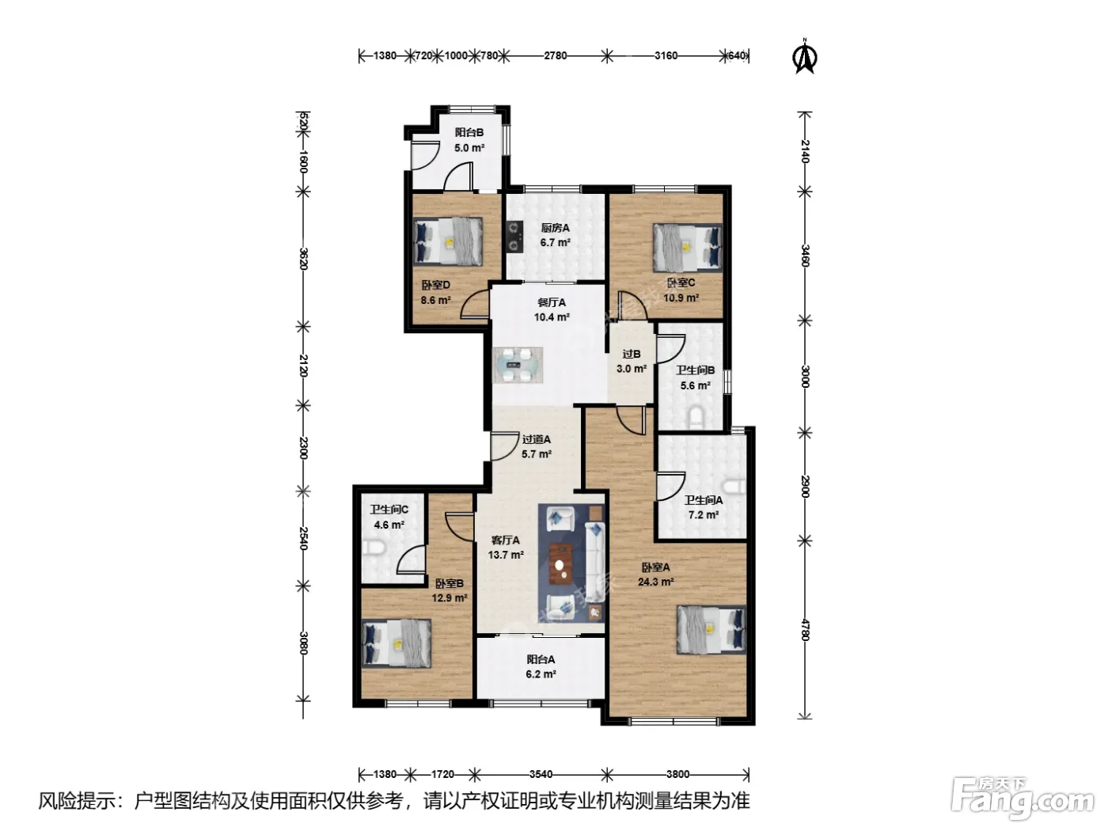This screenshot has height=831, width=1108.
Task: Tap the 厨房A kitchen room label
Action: pos(556,228)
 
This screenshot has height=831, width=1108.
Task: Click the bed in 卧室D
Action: pos(448,241)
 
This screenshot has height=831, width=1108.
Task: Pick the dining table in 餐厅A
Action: pos(518,365)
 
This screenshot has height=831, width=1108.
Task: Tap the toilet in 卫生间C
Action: pos(374,548)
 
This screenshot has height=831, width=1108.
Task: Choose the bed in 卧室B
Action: pos(397,643)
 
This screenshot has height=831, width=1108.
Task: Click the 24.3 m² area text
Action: pos(656,582)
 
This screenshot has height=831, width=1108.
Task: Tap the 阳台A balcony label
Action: pos(541,659)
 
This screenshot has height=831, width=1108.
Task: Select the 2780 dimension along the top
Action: pos(556,55)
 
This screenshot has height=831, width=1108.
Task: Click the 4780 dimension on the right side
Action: pos(805,630)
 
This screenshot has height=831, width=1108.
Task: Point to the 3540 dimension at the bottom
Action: pos(541,774)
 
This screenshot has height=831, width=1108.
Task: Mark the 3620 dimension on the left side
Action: pos(303,259)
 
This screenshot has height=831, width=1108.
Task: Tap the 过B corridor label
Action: pos(632,355)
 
